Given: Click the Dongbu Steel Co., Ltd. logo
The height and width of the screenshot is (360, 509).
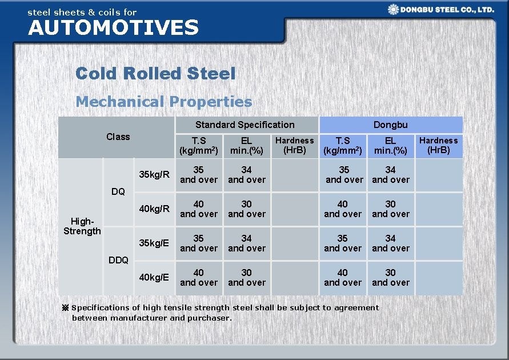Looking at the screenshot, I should click(440, 9).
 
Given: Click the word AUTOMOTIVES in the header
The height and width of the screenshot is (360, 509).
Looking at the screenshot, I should click(113, 27).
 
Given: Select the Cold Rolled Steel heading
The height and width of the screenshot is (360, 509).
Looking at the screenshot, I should click(155, 74).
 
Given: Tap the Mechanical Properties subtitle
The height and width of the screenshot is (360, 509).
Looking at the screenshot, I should click(163, 102).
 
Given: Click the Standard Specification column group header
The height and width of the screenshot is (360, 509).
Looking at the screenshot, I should click(245, 125).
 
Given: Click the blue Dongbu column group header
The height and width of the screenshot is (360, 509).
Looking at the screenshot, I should click(390, 125).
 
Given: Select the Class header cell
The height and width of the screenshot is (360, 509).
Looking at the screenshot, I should click(118, 137).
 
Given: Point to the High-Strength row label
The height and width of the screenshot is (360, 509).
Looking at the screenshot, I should click(82, 226).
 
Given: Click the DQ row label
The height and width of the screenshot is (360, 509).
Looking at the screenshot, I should click(118, 191).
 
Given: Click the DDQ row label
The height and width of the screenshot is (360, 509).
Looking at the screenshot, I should click(118, 260).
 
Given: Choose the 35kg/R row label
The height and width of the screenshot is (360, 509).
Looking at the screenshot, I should click(154, 174).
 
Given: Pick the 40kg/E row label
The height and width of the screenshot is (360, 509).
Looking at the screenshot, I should click(154, 277).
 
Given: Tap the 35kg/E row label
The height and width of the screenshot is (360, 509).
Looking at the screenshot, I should click(154, 243).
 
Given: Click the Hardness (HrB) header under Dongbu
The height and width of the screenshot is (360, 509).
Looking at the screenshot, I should click(438, 145).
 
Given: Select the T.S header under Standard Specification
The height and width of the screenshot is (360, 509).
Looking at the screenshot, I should click(199, 145).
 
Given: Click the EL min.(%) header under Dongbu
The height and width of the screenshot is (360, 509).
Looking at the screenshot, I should click(390, 145).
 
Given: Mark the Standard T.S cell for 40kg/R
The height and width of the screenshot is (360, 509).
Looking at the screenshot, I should click(199, 209).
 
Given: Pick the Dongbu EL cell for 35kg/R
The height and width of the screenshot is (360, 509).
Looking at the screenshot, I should click(390, 174).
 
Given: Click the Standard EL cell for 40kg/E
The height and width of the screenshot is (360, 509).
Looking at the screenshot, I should click(247, 277).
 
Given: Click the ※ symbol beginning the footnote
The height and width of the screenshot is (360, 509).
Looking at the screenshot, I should click(65, 307).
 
